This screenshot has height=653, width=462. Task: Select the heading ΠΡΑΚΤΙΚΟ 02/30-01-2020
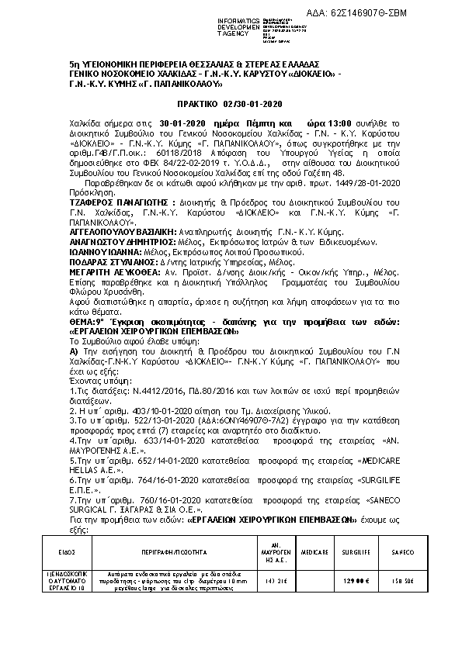tap(231, 103)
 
